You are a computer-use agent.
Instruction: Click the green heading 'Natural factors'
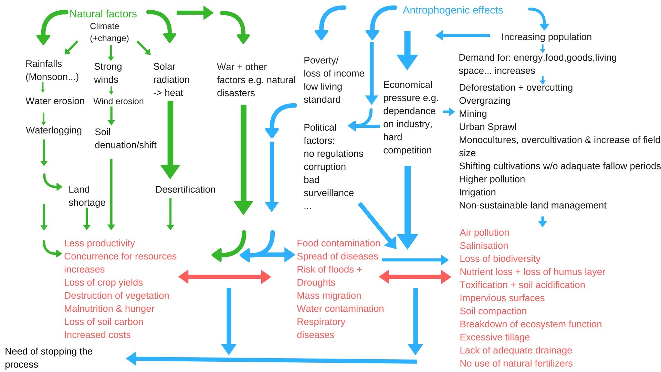[103, 14]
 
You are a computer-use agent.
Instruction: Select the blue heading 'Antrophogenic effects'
[453, 10]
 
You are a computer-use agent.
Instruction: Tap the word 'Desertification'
[185, 189]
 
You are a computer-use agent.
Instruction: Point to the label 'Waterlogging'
[54, 130]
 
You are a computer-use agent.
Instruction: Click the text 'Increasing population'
[546, 37]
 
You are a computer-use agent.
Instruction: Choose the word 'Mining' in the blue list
[473, 114]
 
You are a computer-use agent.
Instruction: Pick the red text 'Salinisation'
[484, 246]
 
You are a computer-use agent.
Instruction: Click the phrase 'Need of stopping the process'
[49, 358]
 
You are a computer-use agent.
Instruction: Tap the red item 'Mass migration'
[329, 296]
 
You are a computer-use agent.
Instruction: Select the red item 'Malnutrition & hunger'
[109, 309]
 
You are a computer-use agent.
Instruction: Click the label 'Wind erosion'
[118, 101]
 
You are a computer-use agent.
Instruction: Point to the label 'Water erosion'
[55, 101]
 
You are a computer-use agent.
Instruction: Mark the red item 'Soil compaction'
[493, 311]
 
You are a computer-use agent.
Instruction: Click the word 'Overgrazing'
[485, 101]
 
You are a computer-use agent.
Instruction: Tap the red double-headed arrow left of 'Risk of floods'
[224, 277]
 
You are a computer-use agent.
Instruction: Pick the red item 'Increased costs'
[97, 335]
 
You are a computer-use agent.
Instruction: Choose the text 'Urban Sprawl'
[487, 127]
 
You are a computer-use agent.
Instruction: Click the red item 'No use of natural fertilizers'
[516, 363]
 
